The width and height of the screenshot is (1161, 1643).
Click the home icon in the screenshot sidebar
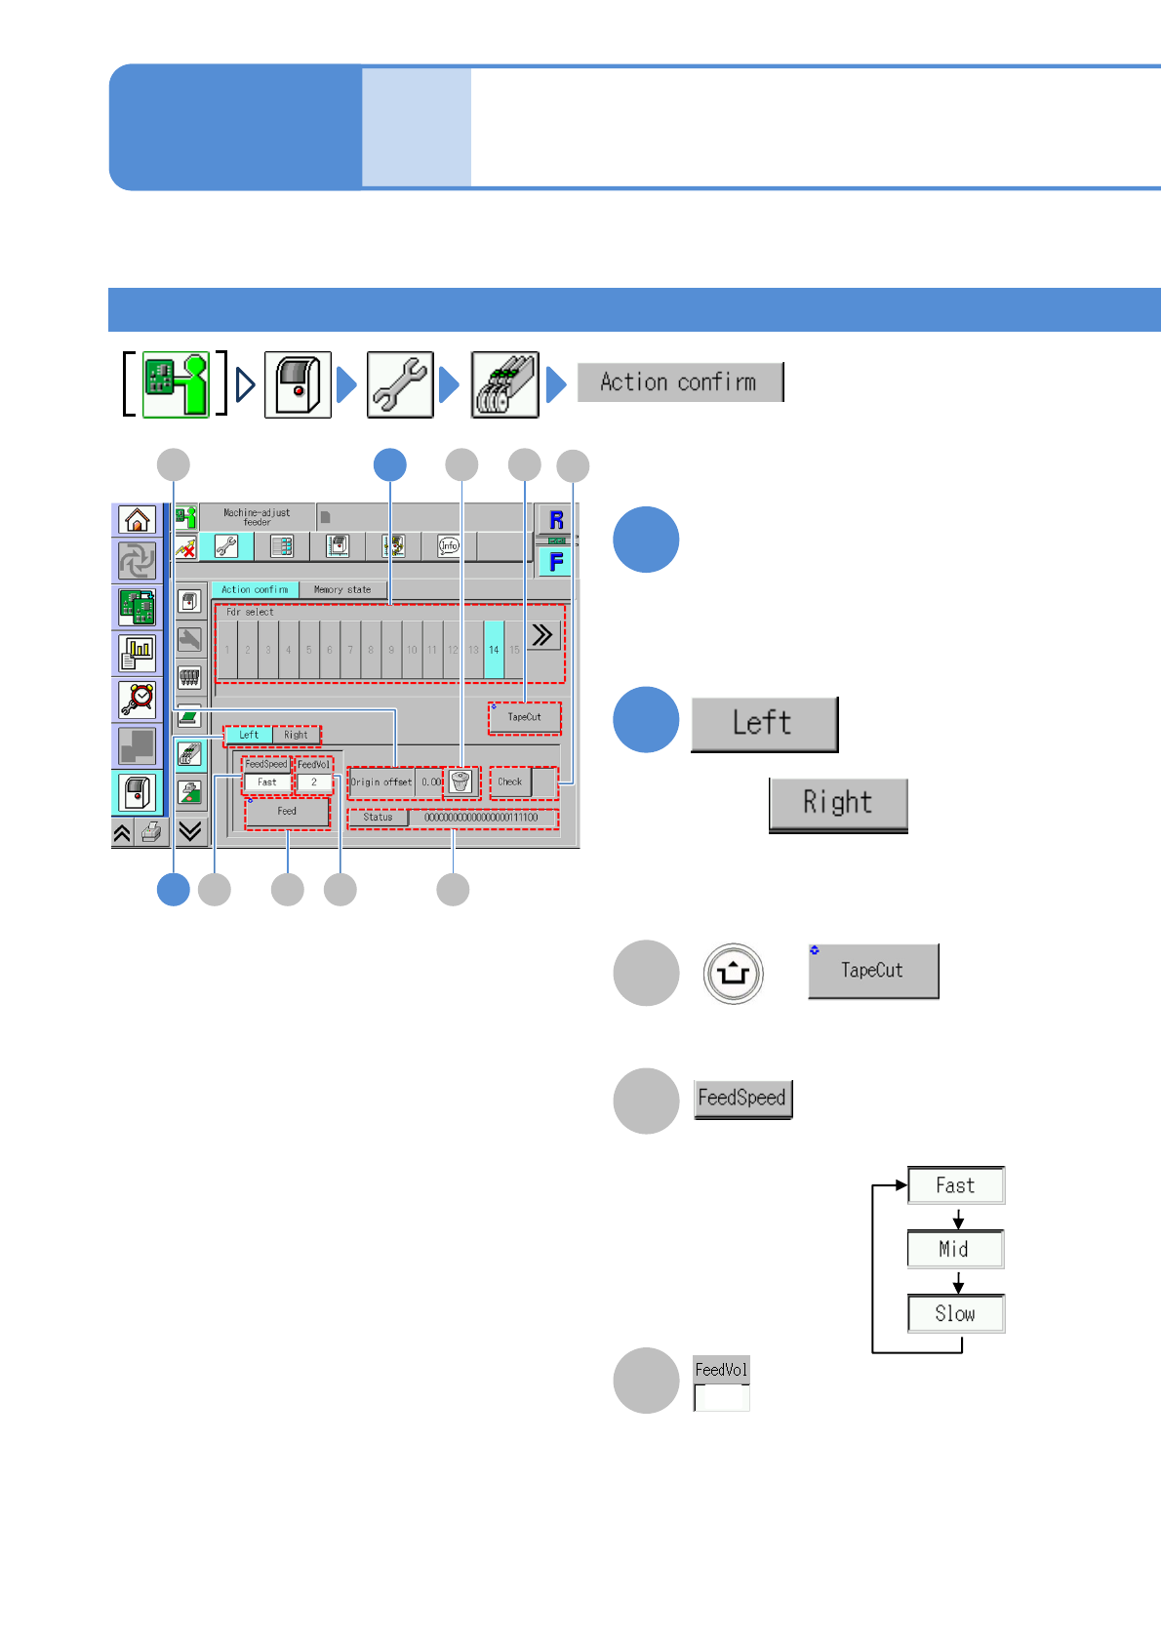tap(138, 520)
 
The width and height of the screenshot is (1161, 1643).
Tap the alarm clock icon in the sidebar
tap(138, 699)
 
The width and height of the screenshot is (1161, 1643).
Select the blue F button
tap(555, 562)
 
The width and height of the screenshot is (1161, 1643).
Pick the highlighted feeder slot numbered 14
tap(494, 650)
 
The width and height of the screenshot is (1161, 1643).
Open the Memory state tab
tap(342, 589)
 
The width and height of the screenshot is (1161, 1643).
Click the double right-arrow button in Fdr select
tap(542, 636)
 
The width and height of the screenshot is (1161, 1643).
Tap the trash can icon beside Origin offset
tap(460, 781)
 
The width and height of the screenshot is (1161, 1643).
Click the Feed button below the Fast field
tap(287, 812)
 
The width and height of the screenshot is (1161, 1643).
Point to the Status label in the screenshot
tap(378, 818)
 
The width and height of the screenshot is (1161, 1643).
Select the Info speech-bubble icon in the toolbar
tap(449, 545)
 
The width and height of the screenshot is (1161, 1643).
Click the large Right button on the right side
tap(838, 804)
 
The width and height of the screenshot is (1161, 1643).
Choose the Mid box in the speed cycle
tap(955, 1249)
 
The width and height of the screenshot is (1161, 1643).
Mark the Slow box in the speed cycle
tap(955, 1313)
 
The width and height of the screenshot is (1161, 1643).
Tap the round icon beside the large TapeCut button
tap(734, 973)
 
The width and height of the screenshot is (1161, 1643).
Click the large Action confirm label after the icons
tap(679, 381)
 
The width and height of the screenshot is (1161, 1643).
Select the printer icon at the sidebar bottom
tap(151, 832)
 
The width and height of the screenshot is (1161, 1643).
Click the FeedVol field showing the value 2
tap(314, 782)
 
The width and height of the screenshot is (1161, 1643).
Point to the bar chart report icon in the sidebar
tap(138, 652)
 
